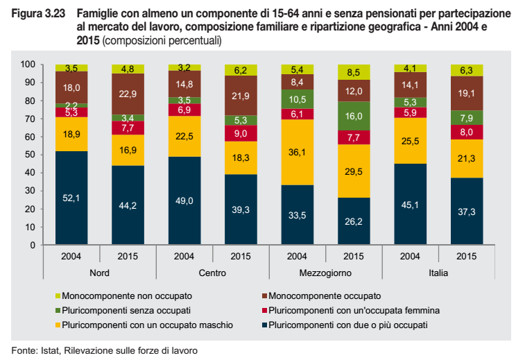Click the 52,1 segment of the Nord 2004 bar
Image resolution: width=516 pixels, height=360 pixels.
(72, 198)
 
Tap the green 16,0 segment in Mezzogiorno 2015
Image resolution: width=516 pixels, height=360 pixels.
(354, 117)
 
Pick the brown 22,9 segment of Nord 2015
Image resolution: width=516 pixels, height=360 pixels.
(128, 94)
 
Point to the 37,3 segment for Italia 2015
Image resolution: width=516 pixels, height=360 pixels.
(466, 212)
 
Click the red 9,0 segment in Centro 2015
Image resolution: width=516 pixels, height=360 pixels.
(241, 133)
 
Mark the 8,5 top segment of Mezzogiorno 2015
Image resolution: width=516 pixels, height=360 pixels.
(354, 71)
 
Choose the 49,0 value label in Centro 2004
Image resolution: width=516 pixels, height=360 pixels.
(184, 200)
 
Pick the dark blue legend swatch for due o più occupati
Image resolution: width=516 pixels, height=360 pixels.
(263, 324)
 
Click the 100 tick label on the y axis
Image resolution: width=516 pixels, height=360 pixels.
(28, 65)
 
